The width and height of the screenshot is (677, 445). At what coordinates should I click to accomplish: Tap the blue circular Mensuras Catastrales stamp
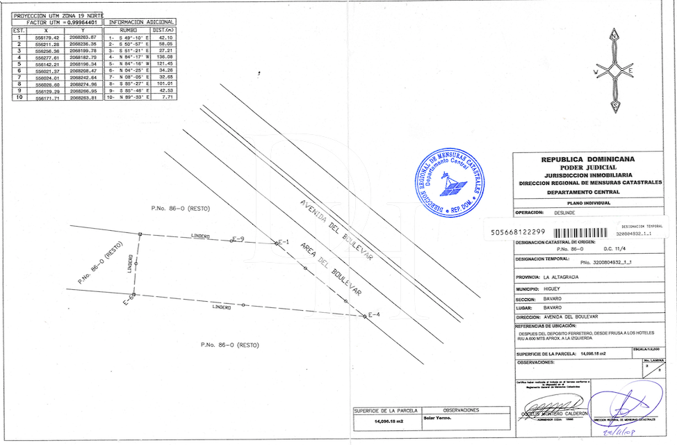(x=450, y=182)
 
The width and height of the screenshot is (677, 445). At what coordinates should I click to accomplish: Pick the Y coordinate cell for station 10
(x=83, y=97)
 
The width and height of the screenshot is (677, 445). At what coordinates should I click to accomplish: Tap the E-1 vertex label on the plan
(x=282, y=242)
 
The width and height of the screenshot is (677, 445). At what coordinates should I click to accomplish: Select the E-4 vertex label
(x=374, y=315)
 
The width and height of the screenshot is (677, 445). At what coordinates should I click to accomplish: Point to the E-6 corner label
(x=129, y=300)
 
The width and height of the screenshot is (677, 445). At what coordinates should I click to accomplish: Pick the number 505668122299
(x=517, y=232)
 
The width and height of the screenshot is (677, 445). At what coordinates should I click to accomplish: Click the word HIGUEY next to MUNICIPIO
(x=556, y=288)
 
